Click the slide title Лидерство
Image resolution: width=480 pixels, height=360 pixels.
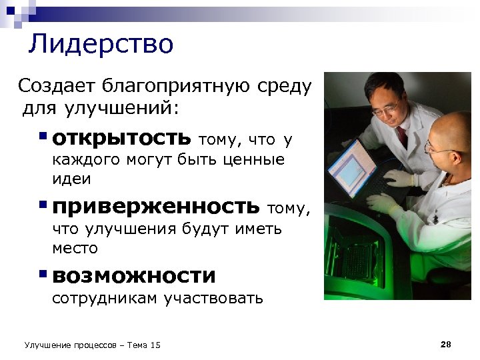101,44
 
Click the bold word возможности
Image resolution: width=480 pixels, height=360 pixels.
134,275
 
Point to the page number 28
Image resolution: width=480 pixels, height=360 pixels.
446,344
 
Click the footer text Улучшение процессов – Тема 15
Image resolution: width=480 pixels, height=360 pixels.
92,345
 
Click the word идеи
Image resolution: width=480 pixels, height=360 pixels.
71,179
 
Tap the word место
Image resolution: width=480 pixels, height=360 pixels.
75,248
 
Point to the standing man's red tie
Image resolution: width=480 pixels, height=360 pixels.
402,137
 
